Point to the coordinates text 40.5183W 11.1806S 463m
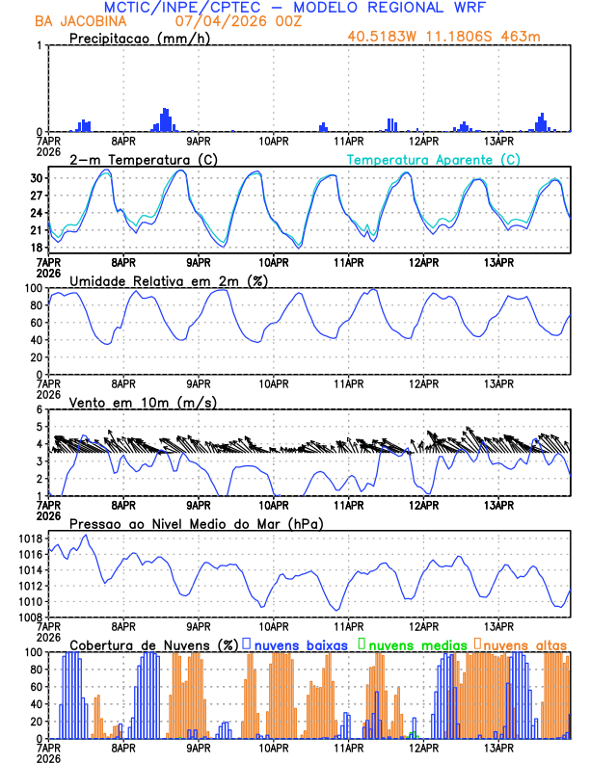pos(457,37)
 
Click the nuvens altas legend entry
pos(524,644)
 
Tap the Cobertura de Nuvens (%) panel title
pos(154,644)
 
